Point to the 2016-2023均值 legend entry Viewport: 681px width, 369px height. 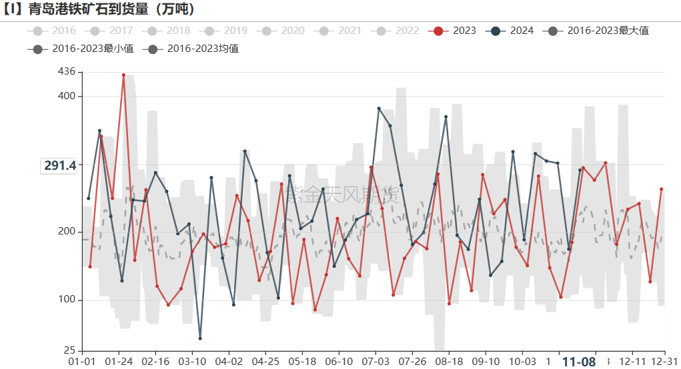click(x=193, y=49)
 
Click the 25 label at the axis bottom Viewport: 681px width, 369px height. click(x=69, y=350)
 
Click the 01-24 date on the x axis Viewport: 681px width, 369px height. click(x=119, y=362)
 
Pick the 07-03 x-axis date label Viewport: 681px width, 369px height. click(x=376, y=362)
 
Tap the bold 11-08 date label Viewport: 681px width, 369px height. click(x=578, y=362)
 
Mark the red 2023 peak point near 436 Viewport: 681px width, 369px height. click(x=123, y=75)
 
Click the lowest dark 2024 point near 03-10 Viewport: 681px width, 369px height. click(x=200, y=338)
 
